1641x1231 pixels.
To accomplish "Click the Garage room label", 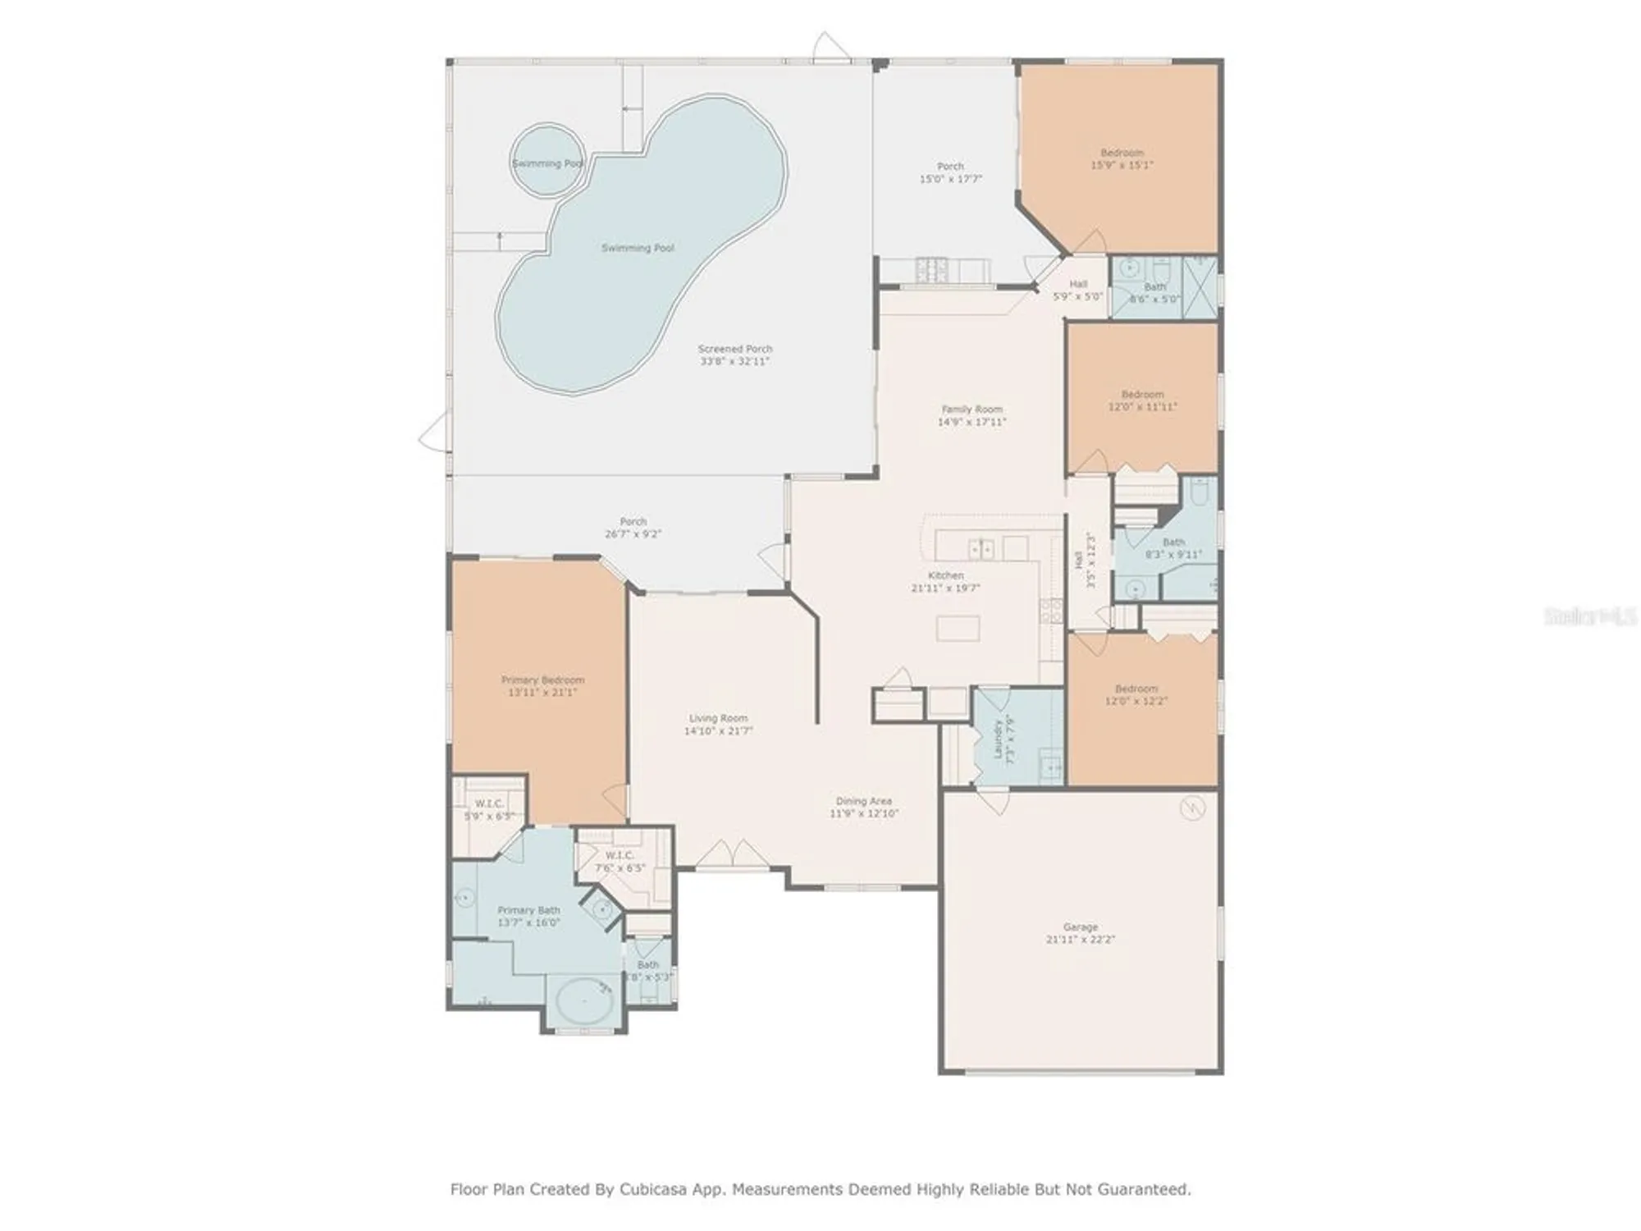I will [1080, 927].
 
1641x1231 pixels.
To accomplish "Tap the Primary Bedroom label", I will [542, 680].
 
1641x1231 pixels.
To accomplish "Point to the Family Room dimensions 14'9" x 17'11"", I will [971, 422].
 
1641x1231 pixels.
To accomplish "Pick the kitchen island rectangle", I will [958, 629].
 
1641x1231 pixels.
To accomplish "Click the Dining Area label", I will [863, 801].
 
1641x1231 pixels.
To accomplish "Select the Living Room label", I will [718, 718].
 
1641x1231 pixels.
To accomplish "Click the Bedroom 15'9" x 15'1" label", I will [1122, 153].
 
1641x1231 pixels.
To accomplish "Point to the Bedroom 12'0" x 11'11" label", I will [1142, 395].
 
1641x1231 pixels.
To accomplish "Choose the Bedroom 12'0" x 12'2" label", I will [1136, 689].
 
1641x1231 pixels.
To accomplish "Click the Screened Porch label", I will [734, 349].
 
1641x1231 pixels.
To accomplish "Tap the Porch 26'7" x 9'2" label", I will [633, 522].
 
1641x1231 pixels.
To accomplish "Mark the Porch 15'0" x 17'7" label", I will [950, 167].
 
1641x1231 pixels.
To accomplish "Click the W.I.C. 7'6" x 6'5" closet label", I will [619, 856].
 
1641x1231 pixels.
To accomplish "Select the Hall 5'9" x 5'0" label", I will [1078, 285].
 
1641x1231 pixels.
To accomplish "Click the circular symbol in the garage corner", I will [1191, 809].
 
